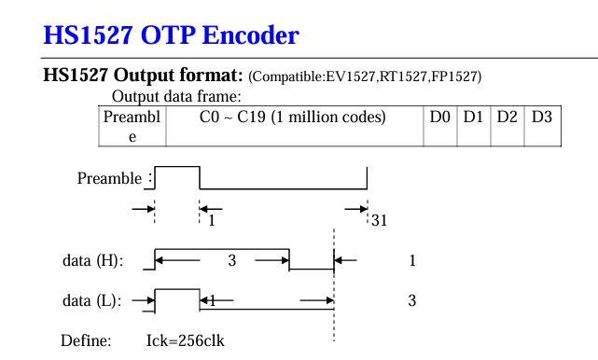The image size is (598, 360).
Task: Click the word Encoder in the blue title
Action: point(250,35)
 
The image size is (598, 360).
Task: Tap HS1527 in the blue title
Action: point(88,35)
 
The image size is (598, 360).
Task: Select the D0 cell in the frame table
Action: point(440,126)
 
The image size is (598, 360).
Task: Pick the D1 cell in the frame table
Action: point(474,126)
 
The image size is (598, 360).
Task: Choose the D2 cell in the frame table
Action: point(508,126)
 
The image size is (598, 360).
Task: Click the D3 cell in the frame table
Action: point(542,126)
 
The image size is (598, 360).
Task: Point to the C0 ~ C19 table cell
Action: point(295,126)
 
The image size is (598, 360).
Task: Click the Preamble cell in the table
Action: point(132,126)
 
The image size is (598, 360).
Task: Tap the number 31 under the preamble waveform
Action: point(379,220)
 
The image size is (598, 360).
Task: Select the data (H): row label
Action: point(93,261)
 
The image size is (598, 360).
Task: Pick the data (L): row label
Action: point(92,301)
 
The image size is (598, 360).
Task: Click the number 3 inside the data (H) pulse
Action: point(232,261)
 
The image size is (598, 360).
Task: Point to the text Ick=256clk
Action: point(186,340)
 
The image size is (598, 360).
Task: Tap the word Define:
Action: point(86,340)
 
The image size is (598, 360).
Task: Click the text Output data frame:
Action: point(176,96)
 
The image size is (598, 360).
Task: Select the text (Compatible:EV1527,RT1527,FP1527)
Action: point(365,76)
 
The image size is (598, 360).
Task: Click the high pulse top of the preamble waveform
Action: point(177,167)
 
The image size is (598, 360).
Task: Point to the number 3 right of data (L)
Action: point(412,301)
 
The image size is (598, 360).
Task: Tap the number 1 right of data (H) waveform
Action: point(412,261)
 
